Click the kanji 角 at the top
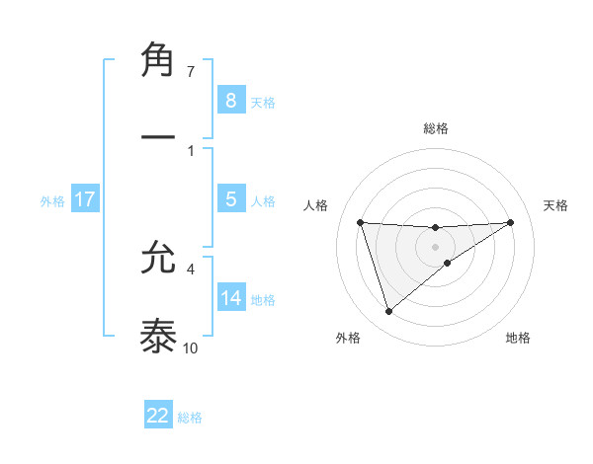click(159, 60)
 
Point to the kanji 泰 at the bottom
click(159, 336)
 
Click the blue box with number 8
click(230, 101)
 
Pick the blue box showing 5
click(230, 199)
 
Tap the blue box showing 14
click(230, 298)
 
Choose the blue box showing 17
click(85, 199)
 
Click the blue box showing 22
click(158, 416)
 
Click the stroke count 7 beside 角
click(191, 72)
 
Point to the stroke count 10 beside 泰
click(191, 348)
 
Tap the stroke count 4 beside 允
click(191, 268)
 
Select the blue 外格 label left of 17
click(52, 200)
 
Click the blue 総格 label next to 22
click(190, 417)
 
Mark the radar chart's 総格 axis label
click(435, 128)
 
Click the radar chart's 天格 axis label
click(556, 205)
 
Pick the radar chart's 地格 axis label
click(518, 338)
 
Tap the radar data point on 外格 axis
click(388, 312)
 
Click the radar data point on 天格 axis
click(510, 222)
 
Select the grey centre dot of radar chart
click(435, 246)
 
